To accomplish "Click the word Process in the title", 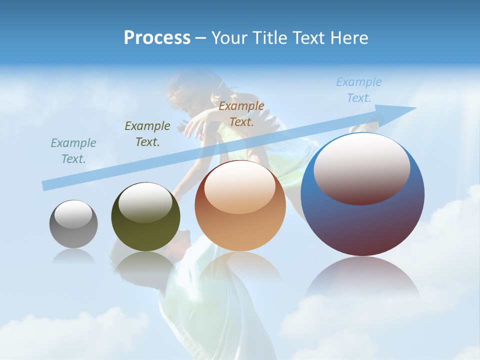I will (x=157, y=38).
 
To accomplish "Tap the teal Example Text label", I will (x=73, y=151).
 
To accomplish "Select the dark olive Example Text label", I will (x=147, y=134).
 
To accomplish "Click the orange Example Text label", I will (x=241, y=114).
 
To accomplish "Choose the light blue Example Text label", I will (x=359, y=90).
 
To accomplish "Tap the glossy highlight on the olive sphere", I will (x=145, y=202).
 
